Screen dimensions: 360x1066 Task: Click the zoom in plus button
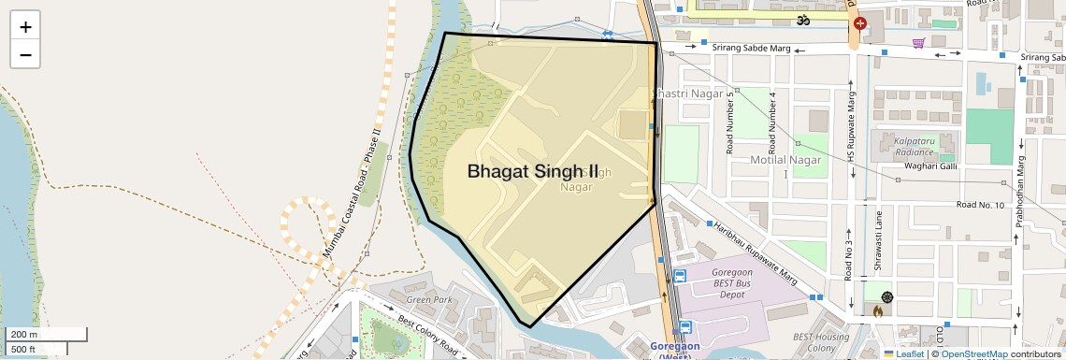25,27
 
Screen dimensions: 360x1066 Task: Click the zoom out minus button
25,54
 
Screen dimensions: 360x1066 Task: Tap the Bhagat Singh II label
532,171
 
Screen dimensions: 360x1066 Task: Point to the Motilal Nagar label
785,160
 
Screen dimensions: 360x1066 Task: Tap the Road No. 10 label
979,205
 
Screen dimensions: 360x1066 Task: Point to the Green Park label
429,300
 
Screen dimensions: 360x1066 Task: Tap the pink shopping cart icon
919,43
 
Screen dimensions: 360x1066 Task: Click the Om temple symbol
801,19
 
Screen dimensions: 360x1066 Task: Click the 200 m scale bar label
24,335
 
